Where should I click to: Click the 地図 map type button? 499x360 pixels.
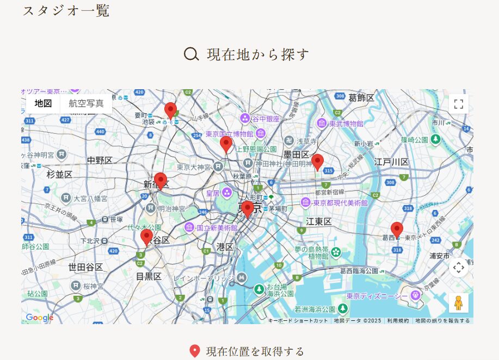pos(43,103)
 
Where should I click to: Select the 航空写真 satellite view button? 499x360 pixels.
pos(86,103)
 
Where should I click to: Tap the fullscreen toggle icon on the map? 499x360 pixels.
pos(458,104)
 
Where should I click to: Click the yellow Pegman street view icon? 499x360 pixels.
pos(458,303)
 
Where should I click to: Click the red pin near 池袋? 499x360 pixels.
pos(170,110)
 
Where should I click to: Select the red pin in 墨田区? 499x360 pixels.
pos(317,162)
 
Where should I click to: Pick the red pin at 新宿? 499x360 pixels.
pos(160,181)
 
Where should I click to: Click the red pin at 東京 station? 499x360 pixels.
pos(247,209)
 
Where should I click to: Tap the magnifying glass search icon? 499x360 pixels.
pos(191,54)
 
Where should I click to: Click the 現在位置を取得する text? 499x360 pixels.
pos(255,351)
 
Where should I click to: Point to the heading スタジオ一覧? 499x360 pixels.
pos(66,11)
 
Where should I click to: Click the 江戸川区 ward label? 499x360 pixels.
pos(391,162)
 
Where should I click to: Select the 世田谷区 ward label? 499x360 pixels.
pos(86,267)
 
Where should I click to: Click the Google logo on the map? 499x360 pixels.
pos(39,318)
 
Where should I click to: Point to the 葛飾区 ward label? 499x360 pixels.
pos(361,98)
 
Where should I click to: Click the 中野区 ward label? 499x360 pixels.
pos(99,160)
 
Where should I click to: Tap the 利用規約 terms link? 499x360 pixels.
pos(398,321)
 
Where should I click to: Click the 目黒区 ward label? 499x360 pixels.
pos(149,276)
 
